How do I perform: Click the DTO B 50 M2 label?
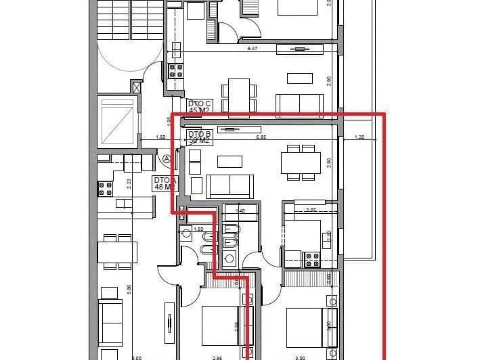(200, 137)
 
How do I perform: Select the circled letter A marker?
(167, 159)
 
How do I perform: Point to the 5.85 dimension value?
(260, 137)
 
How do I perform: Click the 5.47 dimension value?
(253, 49)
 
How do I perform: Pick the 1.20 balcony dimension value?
(359, 137)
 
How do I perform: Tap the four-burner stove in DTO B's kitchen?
(311, 258)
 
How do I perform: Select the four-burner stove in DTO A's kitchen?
(105, 188)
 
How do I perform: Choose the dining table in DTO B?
(300, 162)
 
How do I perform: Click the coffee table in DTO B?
(229, 161)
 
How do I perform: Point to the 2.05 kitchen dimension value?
(311, 210)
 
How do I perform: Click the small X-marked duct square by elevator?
(137, 87)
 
